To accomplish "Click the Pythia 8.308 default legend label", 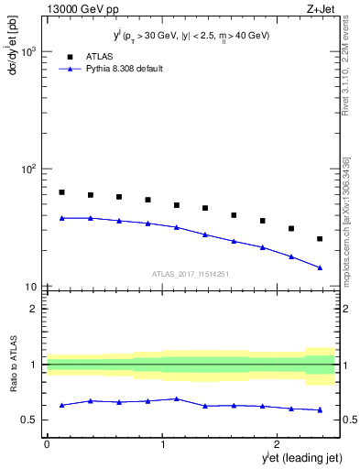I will click(124, 69).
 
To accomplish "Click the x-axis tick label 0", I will click(47, 444).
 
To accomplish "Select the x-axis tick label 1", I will click(163, 444).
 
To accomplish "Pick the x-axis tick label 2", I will click(279, 444).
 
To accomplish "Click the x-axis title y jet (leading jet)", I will click(290, 457).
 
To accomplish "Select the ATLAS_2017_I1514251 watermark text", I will click(191, 273).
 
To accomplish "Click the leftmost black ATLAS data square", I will click(61, 192).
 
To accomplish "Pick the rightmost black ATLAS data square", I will click(320, 239).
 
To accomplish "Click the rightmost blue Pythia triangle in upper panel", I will click(320, 267).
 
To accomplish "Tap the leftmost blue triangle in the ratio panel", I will click(61, 405).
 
